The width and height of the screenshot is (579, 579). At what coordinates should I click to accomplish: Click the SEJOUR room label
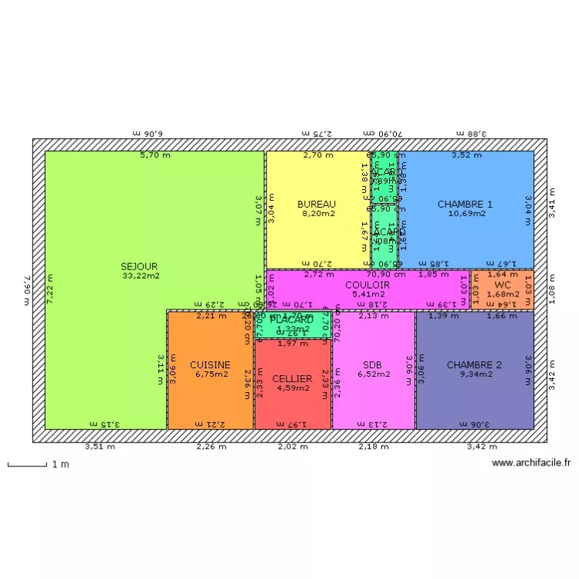point(139,266)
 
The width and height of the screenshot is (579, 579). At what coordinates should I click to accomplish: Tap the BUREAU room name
point(317,205)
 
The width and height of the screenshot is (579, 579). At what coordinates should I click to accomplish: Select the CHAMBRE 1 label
point(465,205)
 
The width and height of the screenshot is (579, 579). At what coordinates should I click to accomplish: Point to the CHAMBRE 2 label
point(474,365)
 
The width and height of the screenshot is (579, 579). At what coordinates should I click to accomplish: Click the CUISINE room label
point(210,365)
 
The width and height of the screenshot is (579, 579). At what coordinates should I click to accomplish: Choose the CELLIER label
point(292,379)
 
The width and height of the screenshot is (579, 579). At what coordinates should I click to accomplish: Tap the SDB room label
point(373,365)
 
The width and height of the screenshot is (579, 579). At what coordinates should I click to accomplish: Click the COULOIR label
point(367,285)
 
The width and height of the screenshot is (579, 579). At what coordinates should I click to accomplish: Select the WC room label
point(503,285)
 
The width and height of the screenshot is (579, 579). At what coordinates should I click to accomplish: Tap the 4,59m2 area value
point(293,388)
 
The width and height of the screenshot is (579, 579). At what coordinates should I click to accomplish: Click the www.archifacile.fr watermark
point(530,463)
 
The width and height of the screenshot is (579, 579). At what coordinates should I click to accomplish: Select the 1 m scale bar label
point(59,464)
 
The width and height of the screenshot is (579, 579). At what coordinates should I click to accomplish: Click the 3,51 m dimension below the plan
point(100,446)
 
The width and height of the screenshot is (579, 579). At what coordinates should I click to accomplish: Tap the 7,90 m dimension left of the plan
point(26,290)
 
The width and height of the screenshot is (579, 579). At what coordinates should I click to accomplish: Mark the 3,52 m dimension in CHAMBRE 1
point(466,155)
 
